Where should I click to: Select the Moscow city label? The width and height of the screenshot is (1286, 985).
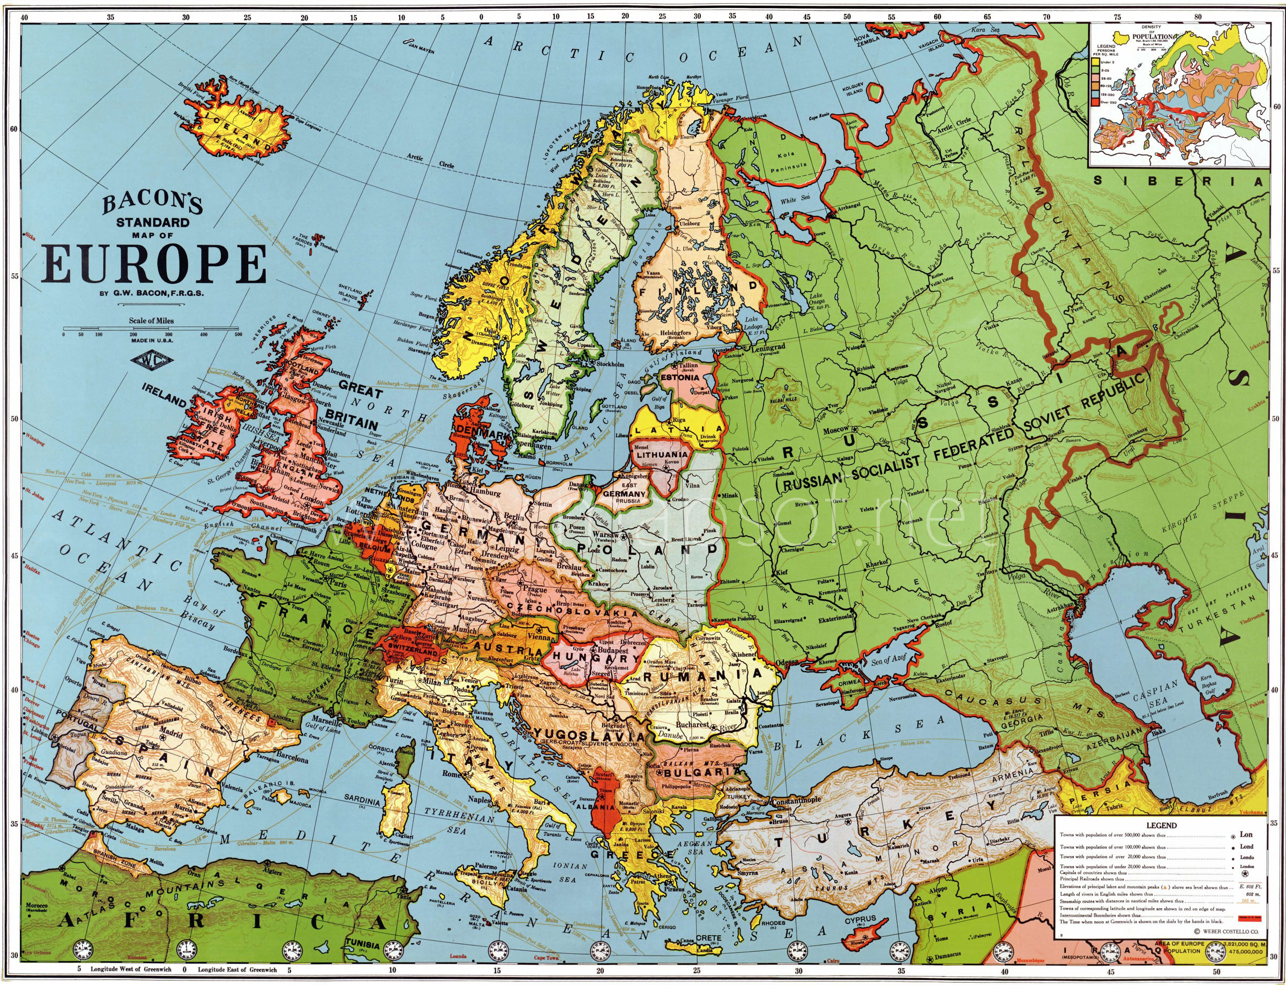834,430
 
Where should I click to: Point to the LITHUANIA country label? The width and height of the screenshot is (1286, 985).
663,454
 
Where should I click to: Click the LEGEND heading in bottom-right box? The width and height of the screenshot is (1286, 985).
1161,825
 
